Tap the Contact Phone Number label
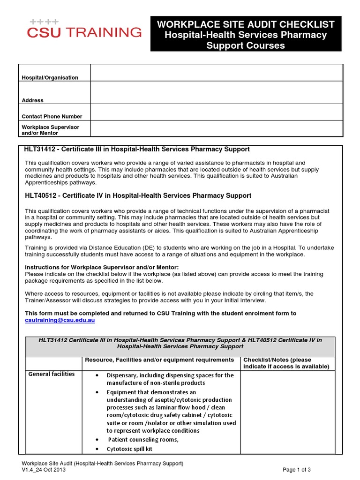52,116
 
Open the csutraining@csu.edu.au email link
60,320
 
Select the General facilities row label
52,374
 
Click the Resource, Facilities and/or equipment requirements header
159,360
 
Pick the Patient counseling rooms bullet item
143,440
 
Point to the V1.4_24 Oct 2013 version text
47,470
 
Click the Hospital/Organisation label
50,77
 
